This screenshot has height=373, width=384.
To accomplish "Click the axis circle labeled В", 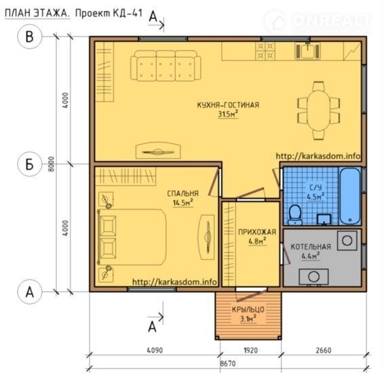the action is [x=29, y=37].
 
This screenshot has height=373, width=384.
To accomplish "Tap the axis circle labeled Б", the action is [x=29, y=165].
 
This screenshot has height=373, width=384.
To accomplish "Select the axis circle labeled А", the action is [x=29, y=292].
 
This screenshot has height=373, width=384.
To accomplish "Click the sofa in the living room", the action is [x=166, y=66].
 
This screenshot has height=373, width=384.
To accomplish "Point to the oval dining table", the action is [x=318, y=111].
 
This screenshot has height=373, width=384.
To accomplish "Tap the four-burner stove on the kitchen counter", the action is [x=265, y=51].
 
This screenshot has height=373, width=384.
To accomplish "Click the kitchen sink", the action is [x=308, y=51].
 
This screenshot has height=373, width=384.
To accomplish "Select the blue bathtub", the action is [x=350, y=196].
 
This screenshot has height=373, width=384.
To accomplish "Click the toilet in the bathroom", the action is [x=295, y=215].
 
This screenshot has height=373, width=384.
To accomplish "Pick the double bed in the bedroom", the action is [x=132, y=237].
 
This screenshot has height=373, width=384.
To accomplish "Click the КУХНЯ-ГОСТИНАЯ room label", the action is [x=228, y=105].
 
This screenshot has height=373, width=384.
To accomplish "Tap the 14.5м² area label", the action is [x=183, y=203].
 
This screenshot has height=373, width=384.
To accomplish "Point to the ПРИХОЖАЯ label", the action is [x=257, y=232].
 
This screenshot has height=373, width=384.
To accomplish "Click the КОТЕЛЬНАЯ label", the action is [x=311, y=247].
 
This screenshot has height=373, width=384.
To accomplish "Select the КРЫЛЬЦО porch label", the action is [x=248, y=310].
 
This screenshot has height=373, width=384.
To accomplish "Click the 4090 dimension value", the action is [x=155, y=350].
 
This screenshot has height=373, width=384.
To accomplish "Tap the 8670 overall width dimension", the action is [x=228, y=364].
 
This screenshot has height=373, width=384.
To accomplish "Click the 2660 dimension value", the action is [x=323, y=350].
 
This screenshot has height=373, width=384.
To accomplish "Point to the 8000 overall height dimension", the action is [x=51, y=164].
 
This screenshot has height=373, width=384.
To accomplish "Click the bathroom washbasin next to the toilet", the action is [x=324, y=219].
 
